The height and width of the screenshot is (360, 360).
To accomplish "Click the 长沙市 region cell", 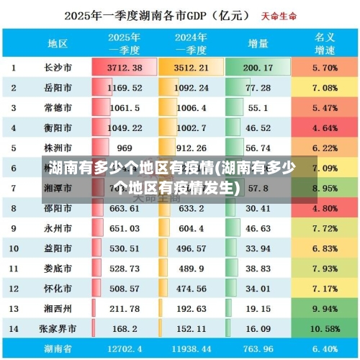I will pyautogui.click(x=58, y=68).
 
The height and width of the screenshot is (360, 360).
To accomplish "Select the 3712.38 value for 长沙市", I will pyautogui.click(x=124, y=68).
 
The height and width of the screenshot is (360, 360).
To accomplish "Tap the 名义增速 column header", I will pyautogui.click(x=325, y=43).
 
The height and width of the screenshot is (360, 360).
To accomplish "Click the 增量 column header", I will pyautogui.click(x=258, y=43).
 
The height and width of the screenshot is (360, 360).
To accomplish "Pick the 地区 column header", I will pyautogui.click(x=58, y=43).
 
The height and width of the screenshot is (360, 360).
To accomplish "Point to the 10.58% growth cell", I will pyautogui.click(x=325, y=328).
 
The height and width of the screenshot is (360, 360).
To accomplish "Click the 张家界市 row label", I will pyautogui.click(x=58, y=328).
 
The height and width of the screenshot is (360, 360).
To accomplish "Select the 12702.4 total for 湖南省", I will pyautogui.click(x=124, y=348).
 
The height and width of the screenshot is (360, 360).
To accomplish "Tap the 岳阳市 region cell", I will pyautogui.click(x=58, y=88).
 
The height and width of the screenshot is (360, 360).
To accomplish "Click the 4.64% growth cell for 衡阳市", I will pyautogui.click(x=325, y=128).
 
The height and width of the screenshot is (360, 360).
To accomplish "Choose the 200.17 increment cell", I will pyautogui.click(x=258, y=68).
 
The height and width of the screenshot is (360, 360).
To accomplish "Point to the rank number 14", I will pyautogui.click(x=14, y=328).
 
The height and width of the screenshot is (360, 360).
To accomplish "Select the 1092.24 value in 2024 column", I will pyautogui.click(x=191, y=88).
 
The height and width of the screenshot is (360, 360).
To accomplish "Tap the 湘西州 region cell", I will pyautogui.click(x=58, y=308).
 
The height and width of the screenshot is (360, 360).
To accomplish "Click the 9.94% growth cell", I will pyautogui.click(x=325, y=308).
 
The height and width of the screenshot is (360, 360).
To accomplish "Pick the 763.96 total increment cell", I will pyautogui.click(x=258, y=348).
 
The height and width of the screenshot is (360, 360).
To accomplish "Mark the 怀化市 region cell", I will pyautogui.click(x=58, y=288).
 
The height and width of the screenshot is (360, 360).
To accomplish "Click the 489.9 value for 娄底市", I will pyautogui.click(x=191, y=268).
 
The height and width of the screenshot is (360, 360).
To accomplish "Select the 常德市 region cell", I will pyautogui.click(x=58, y=108).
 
